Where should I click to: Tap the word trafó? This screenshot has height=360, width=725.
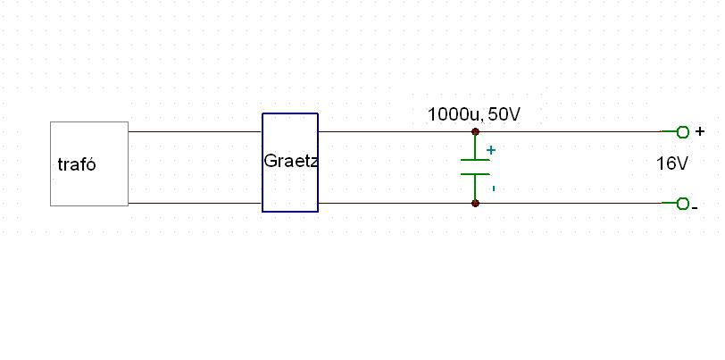tap(76, 164)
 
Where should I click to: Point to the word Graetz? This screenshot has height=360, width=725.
tap(291, 162)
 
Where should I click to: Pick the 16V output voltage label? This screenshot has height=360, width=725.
tap(672, 163)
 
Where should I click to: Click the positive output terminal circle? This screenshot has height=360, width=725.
tap(683, 132)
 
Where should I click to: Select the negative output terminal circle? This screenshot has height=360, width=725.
tap(683, 204)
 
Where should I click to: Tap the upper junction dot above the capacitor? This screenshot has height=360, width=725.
tap(476, 132)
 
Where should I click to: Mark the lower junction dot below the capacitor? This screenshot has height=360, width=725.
tap(476, 204)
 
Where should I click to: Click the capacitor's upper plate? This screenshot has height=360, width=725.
tap(476, 160)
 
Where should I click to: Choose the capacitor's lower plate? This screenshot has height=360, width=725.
tap(476, 173)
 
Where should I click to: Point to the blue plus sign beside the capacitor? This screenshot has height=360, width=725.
tap(490, 150)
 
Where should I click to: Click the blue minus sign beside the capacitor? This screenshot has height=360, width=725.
tap(493, 188)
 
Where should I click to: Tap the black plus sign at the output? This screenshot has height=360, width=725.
tap(700, 131)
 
